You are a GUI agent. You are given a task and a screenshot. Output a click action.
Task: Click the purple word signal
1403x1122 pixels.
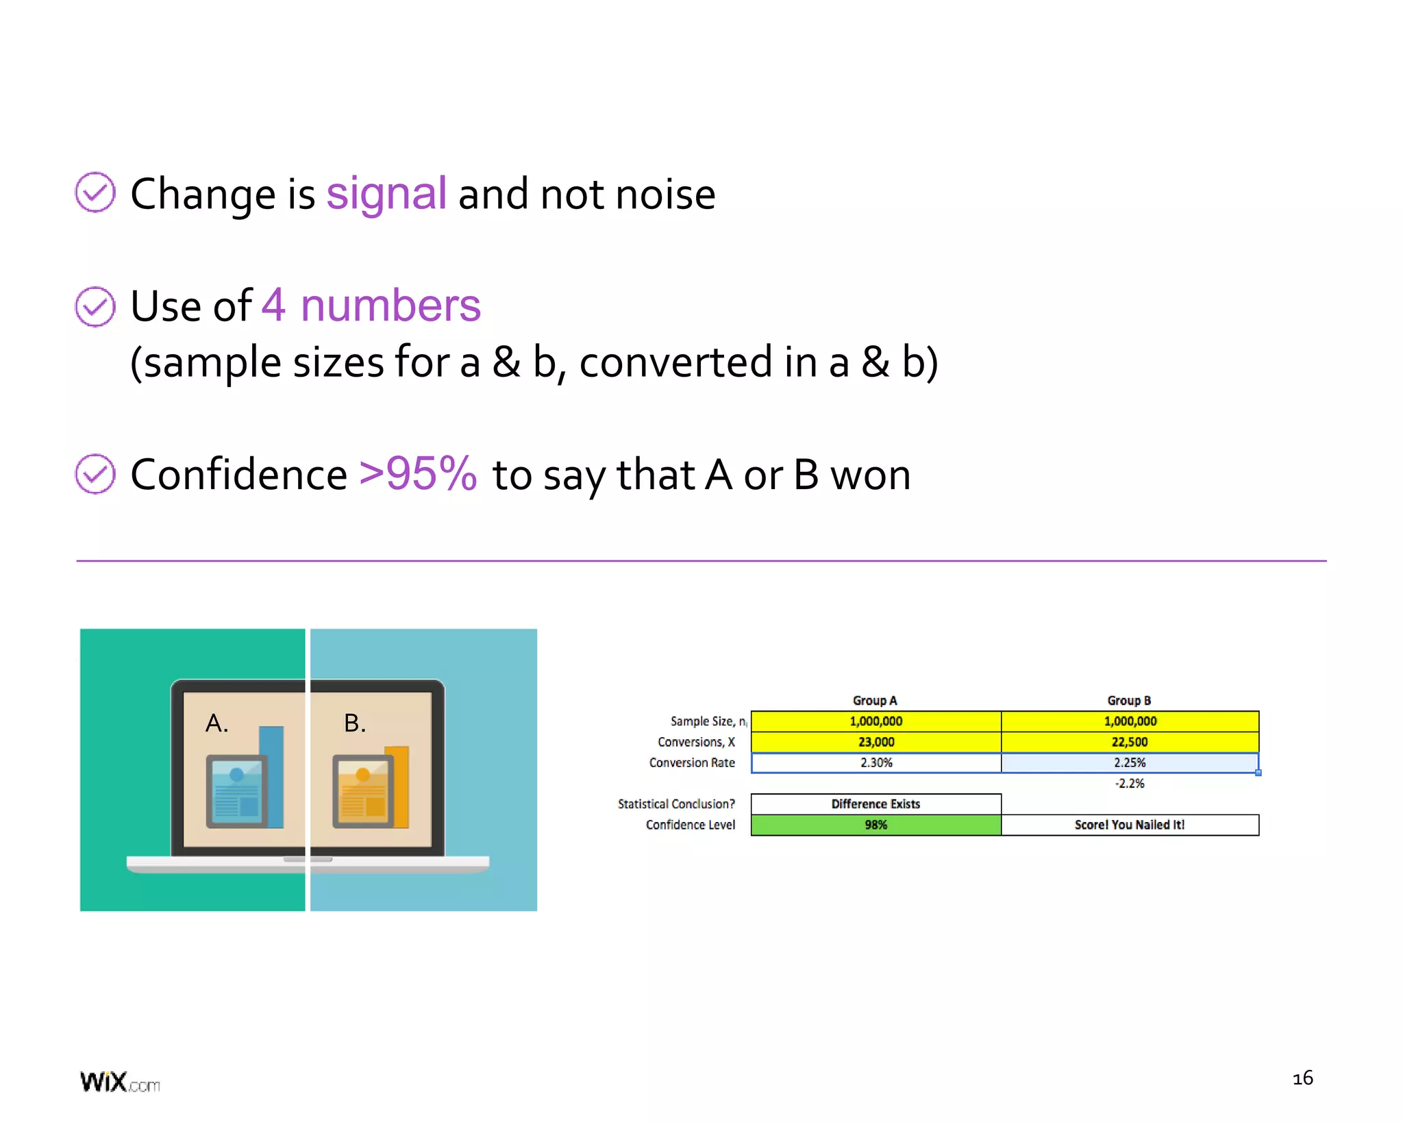tap(386, 195)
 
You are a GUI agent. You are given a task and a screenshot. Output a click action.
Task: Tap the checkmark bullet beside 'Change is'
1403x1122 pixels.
tap(95, 192)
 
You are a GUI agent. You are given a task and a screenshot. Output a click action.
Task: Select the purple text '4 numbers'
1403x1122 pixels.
tap(371, 306)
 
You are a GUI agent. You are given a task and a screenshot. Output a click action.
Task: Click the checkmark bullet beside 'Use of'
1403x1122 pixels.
tap(95, 307)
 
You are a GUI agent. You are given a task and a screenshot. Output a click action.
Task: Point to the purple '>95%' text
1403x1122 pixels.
tap(418, 473)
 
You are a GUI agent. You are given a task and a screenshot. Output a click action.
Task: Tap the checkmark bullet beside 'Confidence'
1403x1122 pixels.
tap(95, 473)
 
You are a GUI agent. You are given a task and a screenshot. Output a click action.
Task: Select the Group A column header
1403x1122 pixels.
tap(875, 700)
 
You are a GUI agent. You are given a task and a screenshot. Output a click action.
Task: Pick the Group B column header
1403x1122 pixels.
tap(1129, 700)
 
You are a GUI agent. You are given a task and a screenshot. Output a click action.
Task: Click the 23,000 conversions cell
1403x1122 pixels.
tap(876, 742)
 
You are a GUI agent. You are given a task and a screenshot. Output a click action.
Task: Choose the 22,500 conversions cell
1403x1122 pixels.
tap(1130, 742)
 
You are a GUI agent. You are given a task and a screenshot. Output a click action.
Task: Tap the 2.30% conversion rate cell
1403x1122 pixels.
tap(876, 762)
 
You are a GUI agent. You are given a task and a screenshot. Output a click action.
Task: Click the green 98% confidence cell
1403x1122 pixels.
tap(876, 825)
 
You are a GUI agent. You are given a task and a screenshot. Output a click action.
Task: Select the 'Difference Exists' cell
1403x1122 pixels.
tap(876, 804)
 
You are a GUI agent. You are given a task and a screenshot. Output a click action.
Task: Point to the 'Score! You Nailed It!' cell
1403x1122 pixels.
tap(1130, 825)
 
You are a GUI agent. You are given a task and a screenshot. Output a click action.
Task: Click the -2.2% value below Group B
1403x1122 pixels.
tap(1130, 784)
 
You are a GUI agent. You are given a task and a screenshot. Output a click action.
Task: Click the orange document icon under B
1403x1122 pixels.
tap(363, 792)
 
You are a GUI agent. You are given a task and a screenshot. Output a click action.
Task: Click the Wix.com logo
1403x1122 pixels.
tap(120, 1082)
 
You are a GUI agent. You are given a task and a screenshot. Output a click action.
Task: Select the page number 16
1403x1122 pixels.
tap(1302, 1078)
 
